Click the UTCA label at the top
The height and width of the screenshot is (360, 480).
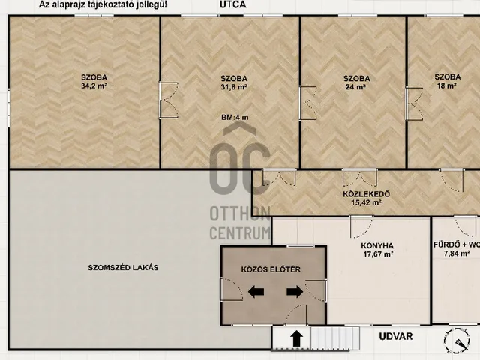point(232,4)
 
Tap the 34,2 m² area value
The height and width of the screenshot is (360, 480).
point(94,86)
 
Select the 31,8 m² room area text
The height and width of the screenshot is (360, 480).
point(234,87)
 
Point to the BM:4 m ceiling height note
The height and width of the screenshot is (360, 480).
point(235,118)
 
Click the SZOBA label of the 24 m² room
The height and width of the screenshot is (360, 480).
point(357,78)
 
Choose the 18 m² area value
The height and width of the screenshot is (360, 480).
point(447,85)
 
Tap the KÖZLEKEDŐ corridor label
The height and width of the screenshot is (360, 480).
point(366,194)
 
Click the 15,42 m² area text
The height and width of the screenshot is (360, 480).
point(366,202)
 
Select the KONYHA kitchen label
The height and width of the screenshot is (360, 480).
point(377,246)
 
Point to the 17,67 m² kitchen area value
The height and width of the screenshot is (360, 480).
point(378,254)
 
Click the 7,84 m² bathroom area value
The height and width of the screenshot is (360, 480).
point(457,253)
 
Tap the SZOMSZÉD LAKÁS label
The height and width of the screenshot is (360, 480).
point(123,268)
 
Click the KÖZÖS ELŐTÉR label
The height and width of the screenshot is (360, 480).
point(271,269)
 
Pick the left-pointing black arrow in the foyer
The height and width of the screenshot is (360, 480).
point(256,292)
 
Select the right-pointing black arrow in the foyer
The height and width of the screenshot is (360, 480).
point(295,292)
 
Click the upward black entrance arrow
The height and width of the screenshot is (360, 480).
point(296,338)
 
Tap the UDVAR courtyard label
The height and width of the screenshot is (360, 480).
point(395,337)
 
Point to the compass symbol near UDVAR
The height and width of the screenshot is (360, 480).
point(457,340)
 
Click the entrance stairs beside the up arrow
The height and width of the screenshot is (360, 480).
point(335,338)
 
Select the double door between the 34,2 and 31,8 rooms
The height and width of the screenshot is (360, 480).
point(168,100)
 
